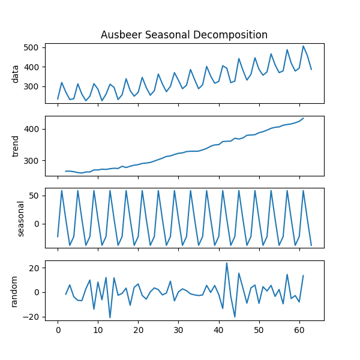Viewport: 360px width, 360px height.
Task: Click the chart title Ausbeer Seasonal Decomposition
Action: pos(184,35)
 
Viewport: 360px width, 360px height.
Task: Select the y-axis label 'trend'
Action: pos(16,145)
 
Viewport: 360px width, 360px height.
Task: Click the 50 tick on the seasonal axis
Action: pos(34,196)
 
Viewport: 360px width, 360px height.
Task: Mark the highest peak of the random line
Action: pos(227,263)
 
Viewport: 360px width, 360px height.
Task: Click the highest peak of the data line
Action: pos(303,46)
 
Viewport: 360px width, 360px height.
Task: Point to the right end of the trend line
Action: pos(303,118)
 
